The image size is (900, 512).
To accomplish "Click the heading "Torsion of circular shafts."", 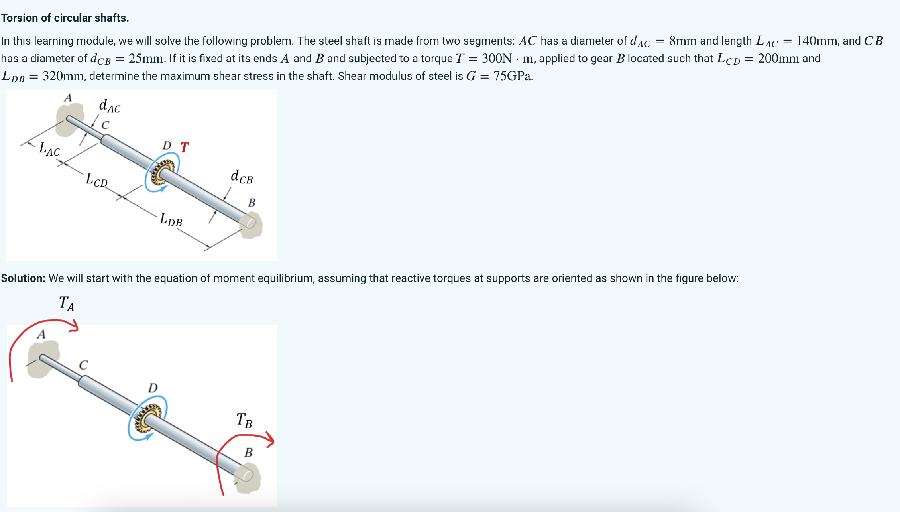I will [x=65, y=18].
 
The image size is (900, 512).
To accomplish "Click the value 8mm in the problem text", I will [x=683, y=41].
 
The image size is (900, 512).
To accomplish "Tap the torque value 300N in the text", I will [x=496, y=59].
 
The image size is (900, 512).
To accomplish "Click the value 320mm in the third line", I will [x=63, y=76].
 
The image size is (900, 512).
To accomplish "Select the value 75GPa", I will [x=512, y=76].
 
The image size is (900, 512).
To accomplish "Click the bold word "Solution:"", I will [x=23, y=278].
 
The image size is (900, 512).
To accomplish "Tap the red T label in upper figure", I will [x=184, y=148].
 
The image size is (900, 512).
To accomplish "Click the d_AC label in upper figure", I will [x=109, y=106].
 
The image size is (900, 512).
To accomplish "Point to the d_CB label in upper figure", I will [x=242, y=177].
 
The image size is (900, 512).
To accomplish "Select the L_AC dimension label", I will [x=49, y=150].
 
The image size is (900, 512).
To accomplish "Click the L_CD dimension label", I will [x=96, y=180].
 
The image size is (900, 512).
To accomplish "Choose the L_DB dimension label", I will [x=171, y=220].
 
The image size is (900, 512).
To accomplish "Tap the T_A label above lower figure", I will [x=66, y=303].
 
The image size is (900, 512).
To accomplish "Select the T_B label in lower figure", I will [x=244, y=420].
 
